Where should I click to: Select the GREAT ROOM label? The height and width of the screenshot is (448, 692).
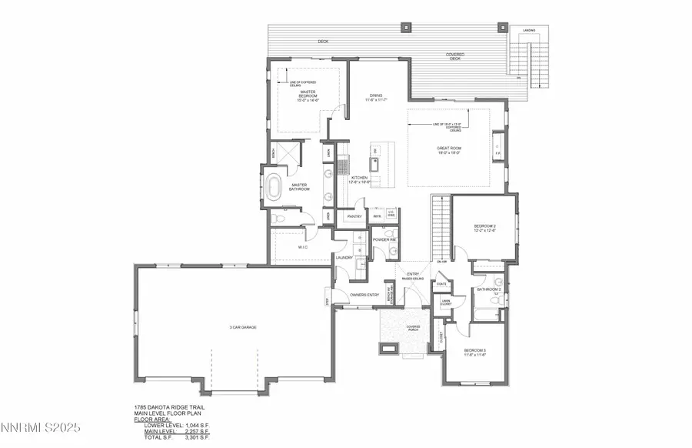coord(449,150)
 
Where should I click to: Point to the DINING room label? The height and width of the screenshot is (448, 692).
coord(377,99)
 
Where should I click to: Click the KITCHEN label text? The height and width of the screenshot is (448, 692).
coord(360,180)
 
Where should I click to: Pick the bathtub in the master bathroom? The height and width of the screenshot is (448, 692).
coord(275,187)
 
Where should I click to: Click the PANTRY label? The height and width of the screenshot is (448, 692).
coord(354,217)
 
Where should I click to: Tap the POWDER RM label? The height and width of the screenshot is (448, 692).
coord(384,239)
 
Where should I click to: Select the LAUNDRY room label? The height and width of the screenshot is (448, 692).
coord(344,258)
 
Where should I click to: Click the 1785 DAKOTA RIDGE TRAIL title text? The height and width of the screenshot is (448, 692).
coord(168,407)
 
